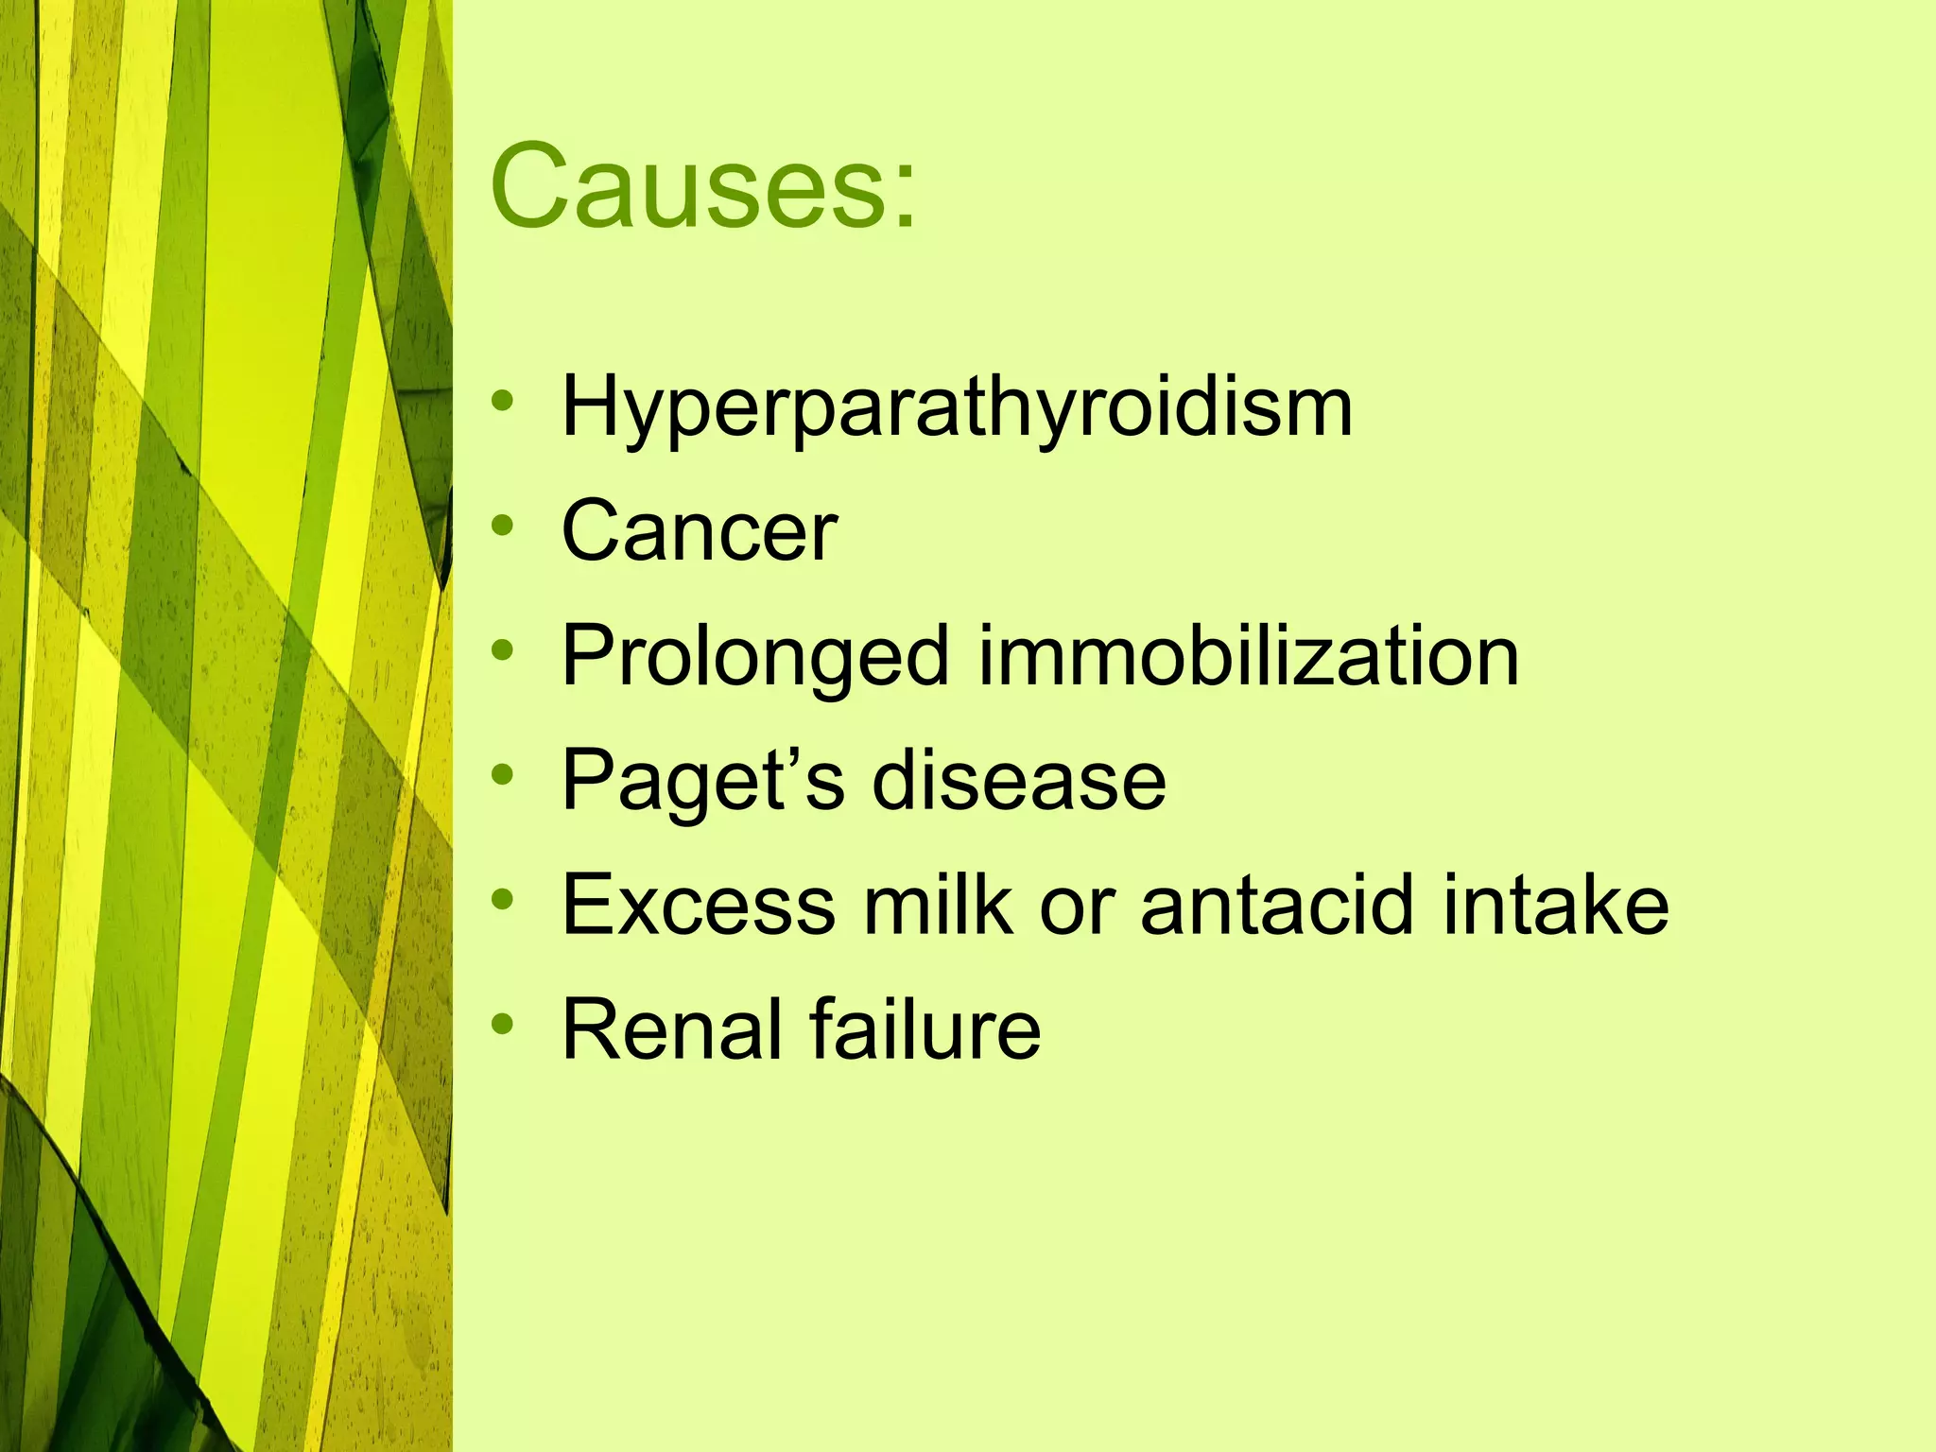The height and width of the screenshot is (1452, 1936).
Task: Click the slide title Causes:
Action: [703, 185]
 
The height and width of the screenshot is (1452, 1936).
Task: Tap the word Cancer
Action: [700, 531]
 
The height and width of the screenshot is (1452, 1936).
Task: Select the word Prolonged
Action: [754, 658]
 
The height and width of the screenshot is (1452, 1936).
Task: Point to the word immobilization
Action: [1248, 656]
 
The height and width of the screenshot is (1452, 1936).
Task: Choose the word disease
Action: [1019, 781]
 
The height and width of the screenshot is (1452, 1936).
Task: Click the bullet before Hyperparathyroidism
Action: [503, 401]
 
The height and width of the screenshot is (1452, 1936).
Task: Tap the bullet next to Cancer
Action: [503, 525]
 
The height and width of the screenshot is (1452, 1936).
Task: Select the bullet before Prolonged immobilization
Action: [503, 649]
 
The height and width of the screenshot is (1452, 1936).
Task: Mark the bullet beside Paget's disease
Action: [503, 774]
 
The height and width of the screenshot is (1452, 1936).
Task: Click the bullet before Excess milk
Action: [503, 899]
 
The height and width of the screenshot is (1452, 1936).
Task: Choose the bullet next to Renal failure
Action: [503, 1024]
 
